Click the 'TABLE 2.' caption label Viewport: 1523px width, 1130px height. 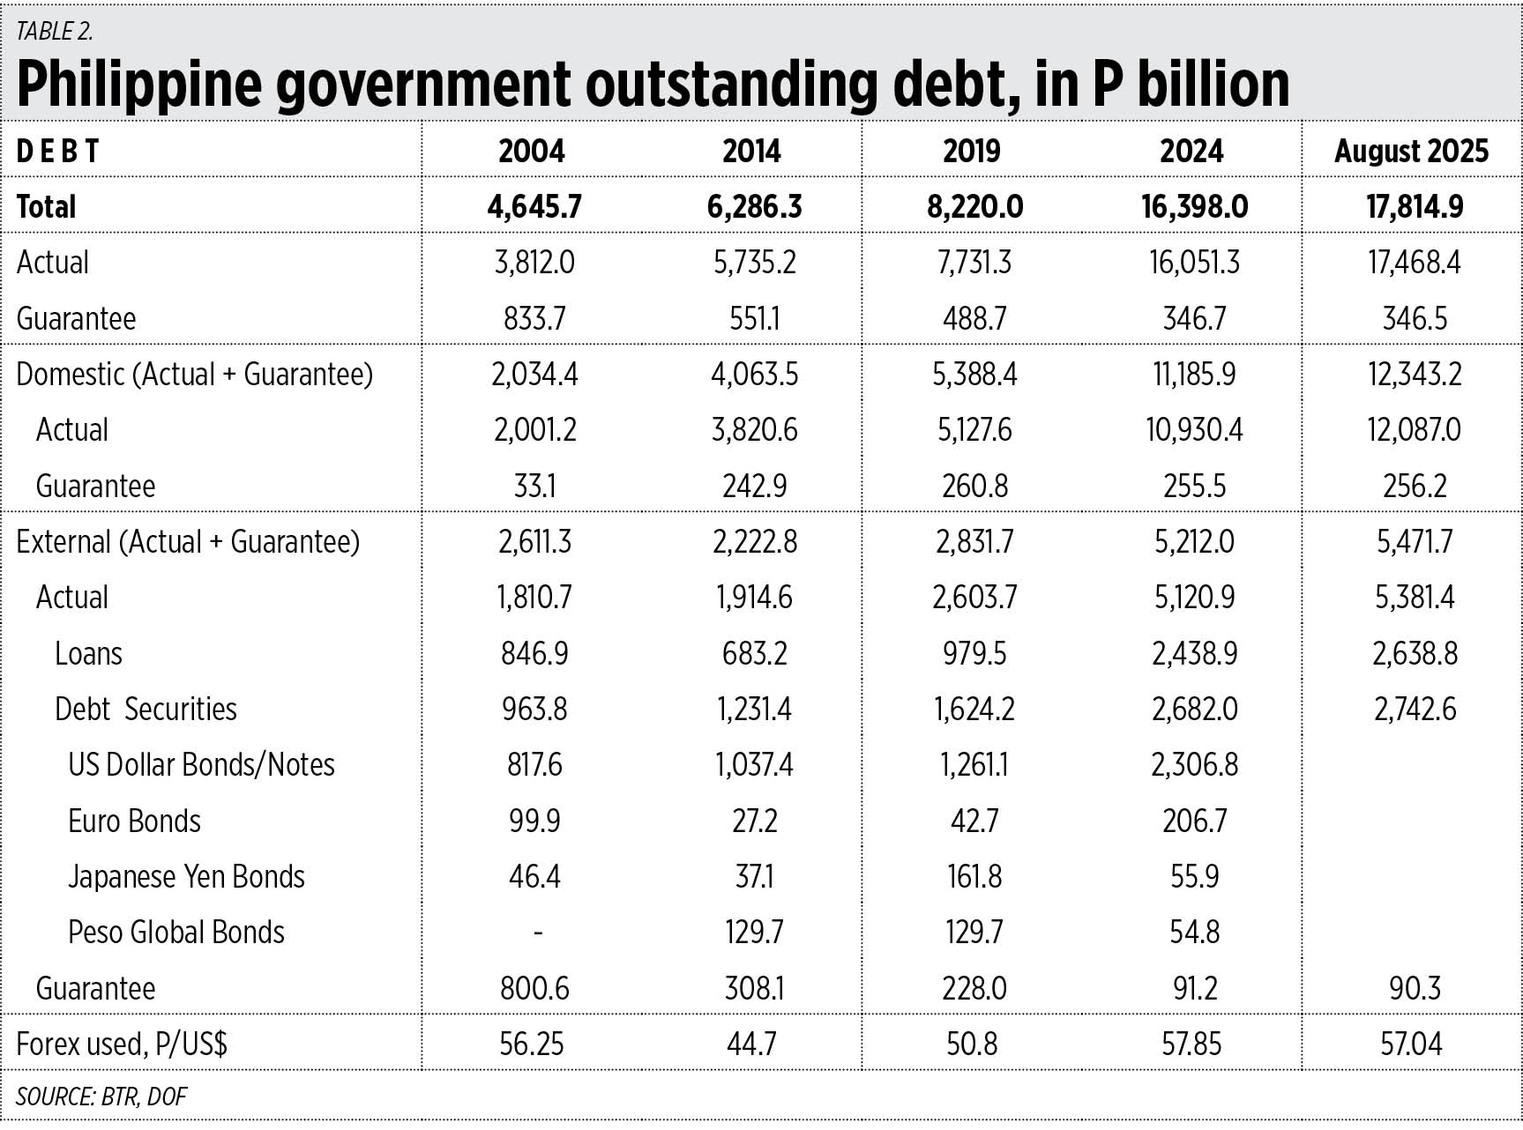point(55,32)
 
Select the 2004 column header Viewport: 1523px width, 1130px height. point(532,152)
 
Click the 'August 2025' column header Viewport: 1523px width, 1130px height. point(1411,152)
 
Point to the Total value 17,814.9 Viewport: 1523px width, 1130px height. point(1415,207)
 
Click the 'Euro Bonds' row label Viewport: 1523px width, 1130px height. point(134,821)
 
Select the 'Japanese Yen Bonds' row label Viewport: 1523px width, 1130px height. point(186,877)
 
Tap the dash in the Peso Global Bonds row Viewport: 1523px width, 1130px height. point(537,933)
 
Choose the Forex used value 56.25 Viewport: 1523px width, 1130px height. point(532,1045)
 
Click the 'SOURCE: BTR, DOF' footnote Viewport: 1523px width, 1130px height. point(101,1097)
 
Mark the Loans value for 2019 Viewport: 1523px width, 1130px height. point(974,654)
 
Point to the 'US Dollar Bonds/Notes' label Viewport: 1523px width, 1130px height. point(201,765)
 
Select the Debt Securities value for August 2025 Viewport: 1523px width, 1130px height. point(1415,710)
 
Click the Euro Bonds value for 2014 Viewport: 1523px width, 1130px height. point(754,821)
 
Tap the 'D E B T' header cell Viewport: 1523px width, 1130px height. point(57,152)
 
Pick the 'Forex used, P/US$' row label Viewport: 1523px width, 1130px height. point(122,1045)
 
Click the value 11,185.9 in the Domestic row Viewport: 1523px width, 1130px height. point(1194,375)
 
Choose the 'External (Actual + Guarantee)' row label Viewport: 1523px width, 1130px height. point(188,542)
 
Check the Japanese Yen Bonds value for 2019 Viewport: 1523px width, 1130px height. point(974,877)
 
